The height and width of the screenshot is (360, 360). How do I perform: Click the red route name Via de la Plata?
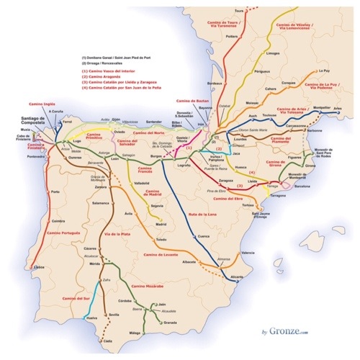[x=119, y=235]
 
